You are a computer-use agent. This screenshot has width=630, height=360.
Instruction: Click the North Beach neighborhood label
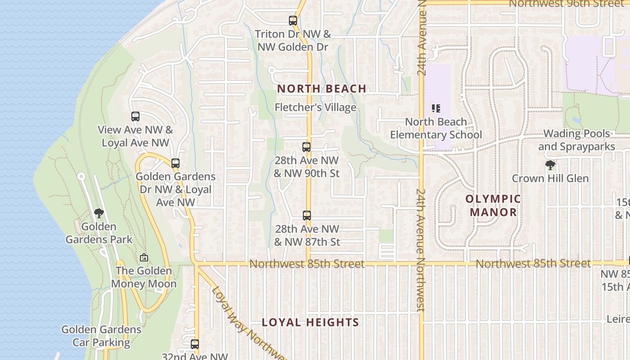click(321, 89)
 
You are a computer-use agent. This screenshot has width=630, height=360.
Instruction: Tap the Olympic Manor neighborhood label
click(493, 205)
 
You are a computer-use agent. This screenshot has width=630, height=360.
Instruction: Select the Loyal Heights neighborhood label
click(310, 322)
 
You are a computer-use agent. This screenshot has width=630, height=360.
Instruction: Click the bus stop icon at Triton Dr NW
click(293, 21)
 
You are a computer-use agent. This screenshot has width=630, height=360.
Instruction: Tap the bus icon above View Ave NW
click(135, 117)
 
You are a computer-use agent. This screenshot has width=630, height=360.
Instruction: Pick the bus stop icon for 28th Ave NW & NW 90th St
click(306, 147)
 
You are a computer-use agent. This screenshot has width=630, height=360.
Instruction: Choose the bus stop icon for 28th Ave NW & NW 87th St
click(307, 216)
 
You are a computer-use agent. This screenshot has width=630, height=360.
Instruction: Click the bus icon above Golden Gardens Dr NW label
click(175, 163)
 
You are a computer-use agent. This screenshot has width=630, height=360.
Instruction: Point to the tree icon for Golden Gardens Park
click(99, 213)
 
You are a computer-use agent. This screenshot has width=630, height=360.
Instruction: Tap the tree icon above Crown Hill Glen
click(550, 165)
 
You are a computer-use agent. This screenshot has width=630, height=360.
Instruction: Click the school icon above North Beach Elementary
click(436, 108)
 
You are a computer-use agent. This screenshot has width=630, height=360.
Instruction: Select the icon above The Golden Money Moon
click(144, 258)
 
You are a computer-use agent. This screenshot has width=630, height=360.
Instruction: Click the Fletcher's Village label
click(315, 108)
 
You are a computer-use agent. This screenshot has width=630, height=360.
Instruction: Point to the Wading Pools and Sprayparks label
click(576, 140)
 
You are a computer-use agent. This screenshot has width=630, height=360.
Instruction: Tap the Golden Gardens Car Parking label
click(101, 336)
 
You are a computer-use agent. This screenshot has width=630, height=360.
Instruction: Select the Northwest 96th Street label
click(567, 4)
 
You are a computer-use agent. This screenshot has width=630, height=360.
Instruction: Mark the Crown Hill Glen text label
click(550, 179)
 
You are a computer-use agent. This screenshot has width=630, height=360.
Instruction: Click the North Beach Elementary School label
click(436, 128)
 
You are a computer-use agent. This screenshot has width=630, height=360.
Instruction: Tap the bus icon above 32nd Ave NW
click(195, 344)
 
